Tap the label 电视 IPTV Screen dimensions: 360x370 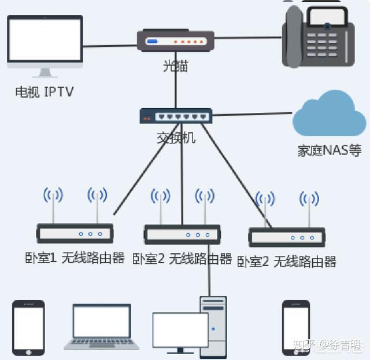coord(45,91)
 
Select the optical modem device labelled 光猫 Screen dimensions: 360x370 coord(175,41)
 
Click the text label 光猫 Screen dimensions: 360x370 coord(175,66)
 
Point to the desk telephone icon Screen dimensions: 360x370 coord(318,37)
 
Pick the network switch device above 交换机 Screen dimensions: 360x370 coord(176,116)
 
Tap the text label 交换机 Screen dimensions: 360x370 coord(176,138)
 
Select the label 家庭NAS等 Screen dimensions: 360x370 coord(329,150)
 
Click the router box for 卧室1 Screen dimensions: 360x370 coord(75,233)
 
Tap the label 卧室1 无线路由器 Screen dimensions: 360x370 coord(75,258)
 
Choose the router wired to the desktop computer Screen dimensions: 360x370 coord(182,234)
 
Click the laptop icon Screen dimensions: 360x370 coord(101,327)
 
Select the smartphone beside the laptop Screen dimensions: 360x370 coord(28,328)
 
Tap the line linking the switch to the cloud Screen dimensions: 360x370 coord(251,115)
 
